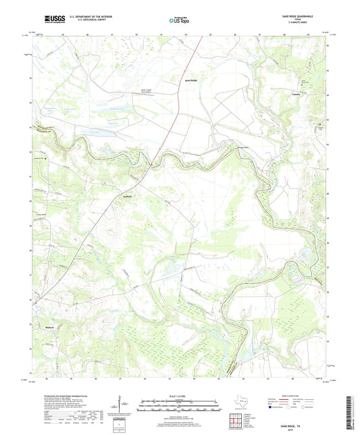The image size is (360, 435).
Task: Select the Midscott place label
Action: [49, 326]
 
